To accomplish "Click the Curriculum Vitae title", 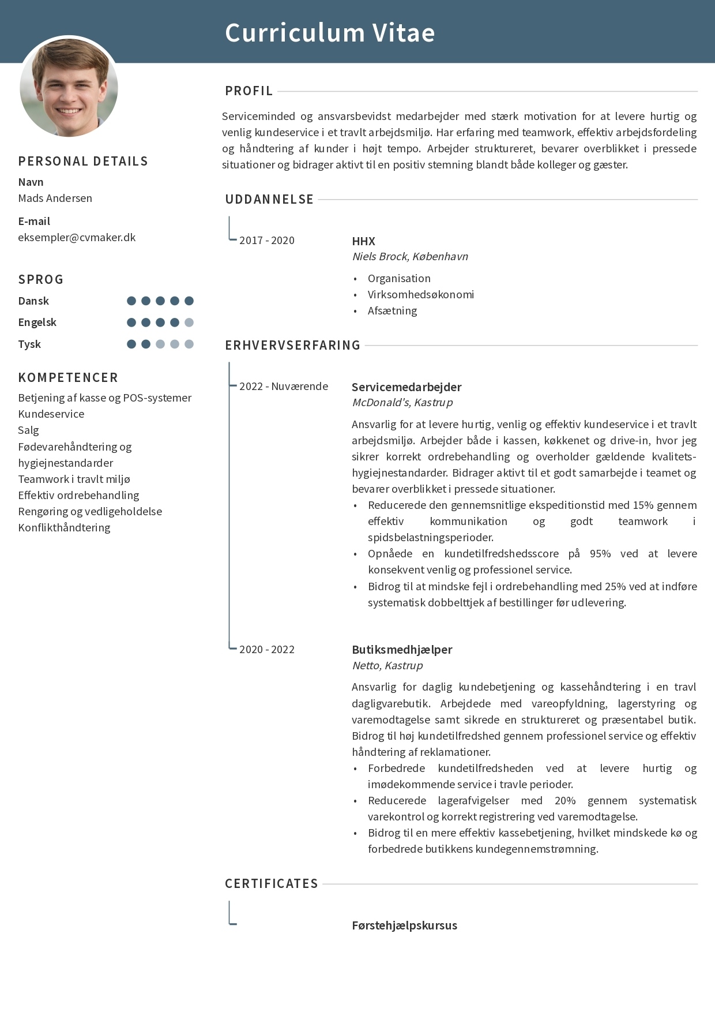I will point(330,33).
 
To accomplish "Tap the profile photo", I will point(69,87).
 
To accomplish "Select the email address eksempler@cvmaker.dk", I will point(77,237).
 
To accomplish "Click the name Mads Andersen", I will point(55,198).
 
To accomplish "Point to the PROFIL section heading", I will point(249,91).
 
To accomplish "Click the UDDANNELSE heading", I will point(269,200).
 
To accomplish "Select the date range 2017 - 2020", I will point(266,240).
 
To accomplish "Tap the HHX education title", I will point(363,241).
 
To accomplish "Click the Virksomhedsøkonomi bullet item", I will point(420,294).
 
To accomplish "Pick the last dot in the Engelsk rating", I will point(189,323).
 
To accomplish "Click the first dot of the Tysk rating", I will point(131,344).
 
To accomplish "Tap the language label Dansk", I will point(33,301).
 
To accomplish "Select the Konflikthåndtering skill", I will point(64,527).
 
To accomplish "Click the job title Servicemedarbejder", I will point(407,387).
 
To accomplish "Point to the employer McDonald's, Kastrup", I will point(402,402).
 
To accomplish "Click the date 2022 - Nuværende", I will point(283,386).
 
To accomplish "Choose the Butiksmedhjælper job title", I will point(402,649).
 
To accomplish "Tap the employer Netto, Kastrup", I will point(387,665).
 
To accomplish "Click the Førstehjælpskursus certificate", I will point(404,925).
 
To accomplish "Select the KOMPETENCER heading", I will point(68,378).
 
